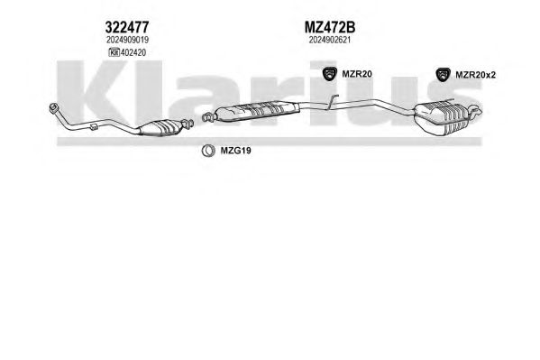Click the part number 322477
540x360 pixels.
tap(127, 27)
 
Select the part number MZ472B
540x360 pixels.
tap(330, 27)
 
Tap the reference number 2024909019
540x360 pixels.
tap(127, 40)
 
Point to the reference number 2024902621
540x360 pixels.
tap(330, 40)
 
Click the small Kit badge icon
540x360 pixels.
tap(114, 52)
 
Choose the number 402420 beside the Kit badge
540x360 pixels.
tap(133, 52)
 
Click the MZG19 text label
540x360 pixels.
tap(235, 151)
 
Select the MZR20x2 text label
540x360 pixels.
tap(475, 75)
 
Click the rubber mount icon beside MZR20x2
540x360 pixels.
tap(443, 75)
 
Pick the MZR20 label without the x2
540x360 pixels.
tap(357, 74)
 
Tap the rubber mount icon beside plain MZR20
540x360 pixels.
tap(330, 73)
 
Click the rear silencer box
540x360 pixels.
tap(442, 117)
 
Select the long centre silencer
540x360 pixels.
tap(256, 110)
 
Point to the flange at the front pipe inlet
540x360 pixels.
tap(54, 107)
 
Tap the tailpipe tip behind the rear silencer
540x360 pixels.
tap(476, 110)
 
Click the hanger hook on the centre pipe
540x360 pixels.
tap(332, 101)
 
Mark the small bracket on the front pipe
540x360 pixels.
tap(94, 127)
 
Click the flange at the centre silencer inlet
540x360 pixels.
tap(207, 116)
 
